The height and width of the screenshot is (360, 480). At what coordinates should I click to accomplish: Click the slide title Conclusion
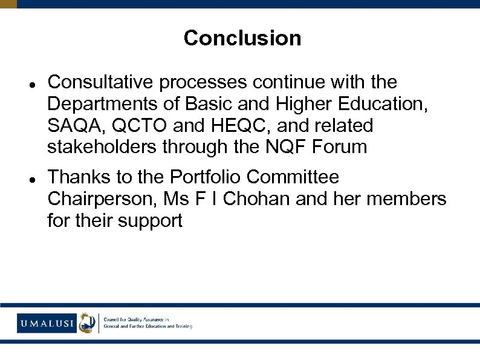242,38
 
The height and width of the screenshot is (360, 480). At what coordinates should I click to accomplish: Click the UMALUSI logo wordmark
47,323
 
